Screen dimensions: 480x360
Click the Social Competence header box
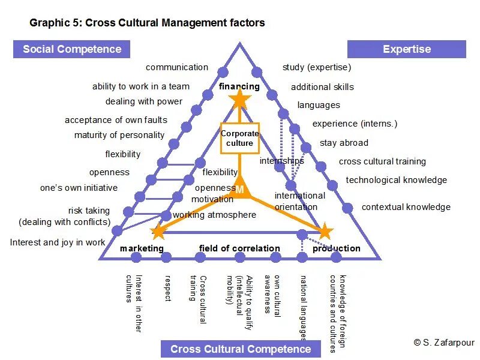tap(72, 49)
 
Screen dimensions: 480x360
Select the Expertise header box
tap(407, 49)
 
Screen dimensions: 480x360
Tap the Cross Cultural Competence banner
tap(241, 349)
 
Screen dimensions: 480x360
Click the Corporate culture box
tap(239, 138)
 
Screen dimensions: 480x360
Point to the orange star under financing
tap(239, 100)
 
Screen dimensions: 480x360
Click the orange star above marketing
tap(158, 231)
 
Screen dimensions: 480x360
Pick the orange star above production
tap(325, 231)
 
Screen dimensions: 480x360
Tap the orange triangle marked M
tap(239, 188)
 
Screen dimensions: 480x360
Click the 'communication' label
tap(177, 67)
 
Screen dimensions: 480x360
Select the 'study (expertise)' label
tap(317, 67)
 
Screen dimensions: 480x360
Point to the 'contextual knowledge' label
tap(406, 207)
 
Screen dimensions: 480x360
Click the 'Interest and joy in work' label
tap(58, 242)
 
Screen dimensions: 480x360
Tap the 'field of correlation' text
tap(239, 248)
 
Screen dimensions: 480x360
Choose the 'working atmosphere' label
tap(214, 215)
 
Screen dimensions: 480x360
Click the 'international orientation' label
tap(299, 201)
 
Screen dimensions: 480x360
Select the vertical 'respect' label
tap(168, 288)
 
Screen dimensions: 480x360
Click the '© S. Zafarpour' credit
tap(443, 342)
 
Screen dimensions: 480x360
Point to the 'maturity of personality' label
tap(119, 135)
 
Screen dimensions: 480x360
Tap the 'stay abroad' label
tap(344, 143)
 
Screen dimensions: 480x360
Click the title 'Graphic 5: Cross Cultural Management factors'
tap(147, 23)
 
